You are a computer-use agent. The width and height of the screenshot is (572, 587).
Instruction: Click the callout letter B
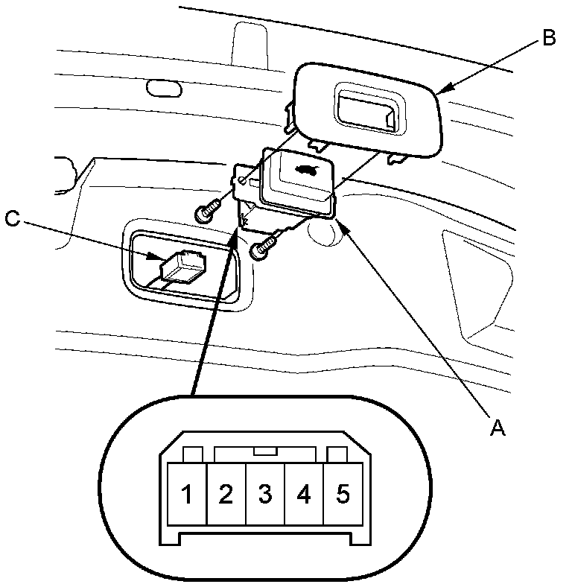tap(548, 38)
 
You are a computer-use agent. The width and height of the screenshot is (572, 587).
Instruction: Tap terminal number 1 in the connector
tap(188, 494)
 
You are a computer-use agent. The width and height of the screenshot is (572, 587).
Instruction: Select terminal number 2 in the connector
tap(226, 494)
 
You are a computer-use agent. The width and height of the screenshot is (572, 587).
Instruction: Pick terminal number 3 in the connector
tap(265, 494)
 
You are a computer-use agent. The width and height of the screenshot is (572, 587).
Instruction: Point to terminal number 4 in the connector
tap(304, 494)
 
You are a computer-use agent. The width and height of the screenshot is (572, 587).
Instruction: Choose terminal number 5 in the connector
tap(343, 494)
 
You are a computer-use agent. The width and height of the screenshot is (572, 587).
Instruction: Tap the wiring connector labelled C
tap(182, 267)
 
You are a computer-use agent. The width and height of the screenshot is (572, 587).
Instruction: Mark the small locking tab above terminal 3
tap(265, 451)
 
